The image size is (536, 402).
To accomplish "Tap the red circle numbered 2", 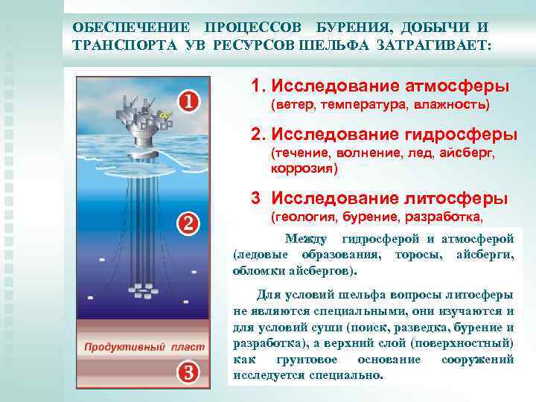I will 189,223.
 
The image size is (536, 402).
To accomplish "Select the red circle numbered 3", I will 189,371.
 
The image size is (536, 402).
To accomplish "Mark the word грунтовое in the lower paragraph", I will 310,360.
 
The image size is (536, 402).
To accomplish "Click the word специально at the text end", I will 351,375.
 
